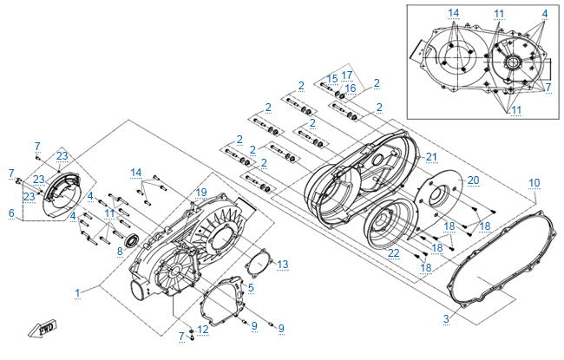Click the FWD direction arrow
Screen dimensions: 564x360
[x=43, y=329]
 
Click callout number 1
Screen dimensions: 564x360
[x=77, y=293]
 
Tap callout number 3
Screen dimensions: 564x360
[x=446, y=319]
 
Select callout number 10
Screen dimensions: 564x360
[x=534, y=183]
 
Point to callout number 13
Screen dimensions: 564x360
[x=283, y=265]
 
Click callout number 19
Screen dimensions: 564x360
[x=201, y=193]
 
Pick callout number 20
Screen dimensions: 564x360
[x=474, y=180]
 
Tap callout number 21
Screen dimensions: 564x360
[x=431, y=157]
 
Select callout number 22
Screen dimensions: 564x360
[x=394, y=253]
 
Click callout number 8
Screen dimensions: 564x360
[x=120, y=252]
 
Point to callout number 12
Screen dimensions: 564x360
[x=203, y=330]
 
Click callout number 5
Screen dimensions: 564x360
[x=251, y=288]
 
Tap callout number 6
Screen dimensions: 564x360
[x=11, y=213]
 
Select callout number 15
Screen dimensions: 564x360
[x=332, y=79]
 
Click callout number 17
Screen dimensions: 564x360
[x=347, y=75]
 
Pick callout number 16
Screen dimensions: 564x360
[x=350, y=88]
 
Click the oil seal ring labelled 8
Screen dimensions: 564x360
[x=133, y=240]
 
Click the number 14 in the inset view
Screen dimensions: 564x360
[x=454, y=13]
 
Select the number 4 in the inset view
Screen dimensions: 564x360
[x=545, y=14]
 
